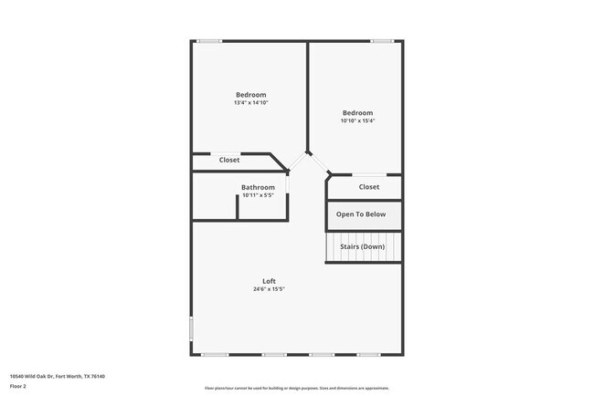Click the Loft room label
tap(269, 281)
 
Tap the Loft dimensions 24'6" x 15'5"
tap(269, 290)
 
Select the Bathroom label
tap(258, 188)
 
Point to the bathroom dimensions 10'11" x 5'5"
tap(258, 195)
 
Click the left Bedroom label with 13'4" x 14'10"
tap(250, 95)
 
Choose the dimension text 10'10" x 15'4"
tap(357, 120)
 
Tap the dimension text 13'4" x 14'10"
tap(250, 103)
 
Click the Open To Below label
tap(361, 214)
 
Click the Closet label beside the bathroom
tap(229, 160)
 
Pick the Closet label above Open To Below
tap(368, 187)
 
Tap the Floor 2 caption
tap(18, 386)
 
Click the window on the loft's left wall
tap(191, 328)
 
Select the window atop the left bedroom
tap(209, 40)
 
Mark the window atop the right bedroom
tap(382, 40)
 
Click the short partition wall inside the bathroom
tap(238, 206)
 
